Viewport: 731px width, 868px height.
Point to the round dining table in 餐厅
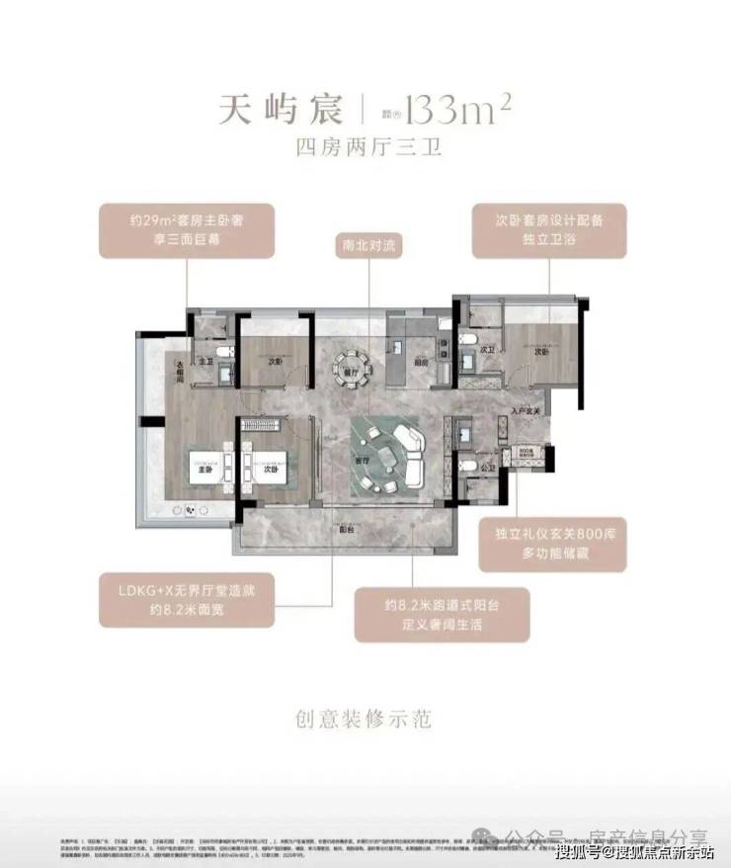[349, 364]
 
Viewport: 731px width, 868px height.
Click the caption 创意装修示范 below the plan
[365, 718]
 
